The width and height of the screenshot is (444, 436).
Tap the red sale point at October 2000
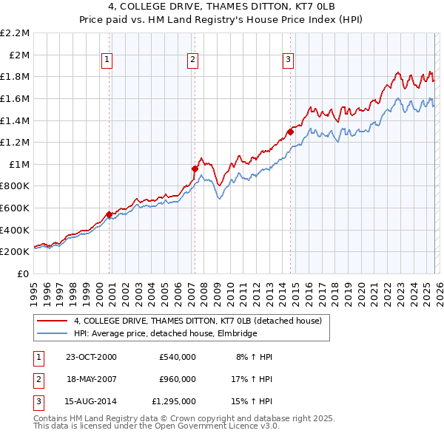click(109, 214)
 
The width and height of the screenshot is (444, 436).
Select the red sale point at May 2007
click(195, 168)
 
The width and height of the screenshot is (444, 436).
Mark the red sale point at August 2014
click(290, 132)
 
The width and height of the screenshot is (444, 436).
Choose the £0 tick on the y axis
click(24, 273)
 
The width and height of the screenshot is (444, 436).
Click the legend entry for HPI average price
click(164, 333)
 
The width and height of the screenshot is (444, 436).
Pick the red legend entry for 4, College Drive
click(197, 321)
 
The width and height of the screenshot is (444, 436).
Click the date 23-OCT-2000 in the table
click(91, 357)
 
